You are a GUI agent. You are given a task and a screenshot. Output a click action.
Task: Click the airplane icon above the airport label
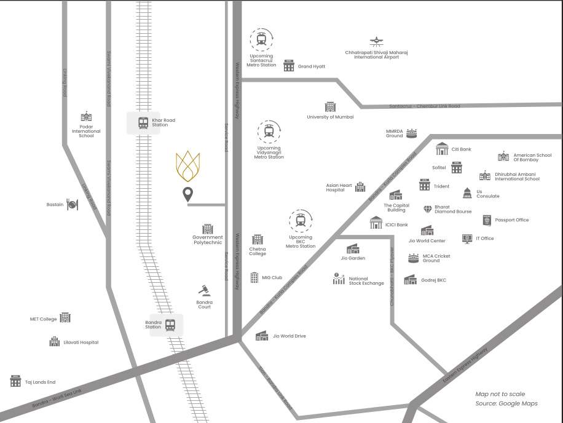376,41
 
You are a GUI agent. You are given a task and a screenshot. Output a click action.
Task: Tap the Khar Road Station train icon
143,122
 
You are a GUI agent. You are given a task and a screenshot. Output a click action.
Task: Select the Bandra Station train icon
170,324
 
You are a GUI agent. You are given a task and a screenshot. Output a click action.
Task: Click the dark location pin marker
188,195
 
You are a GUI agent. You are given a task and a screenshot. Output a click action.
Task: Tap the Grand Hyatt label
312,66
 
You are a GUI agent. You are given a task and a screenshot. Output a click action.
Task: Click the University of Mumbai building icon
330,107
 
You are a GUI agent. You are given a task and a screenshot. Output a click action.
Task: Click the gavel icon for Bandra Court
204,290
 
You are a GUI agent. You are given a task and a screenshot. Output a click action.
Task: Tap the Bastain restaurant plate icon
73,204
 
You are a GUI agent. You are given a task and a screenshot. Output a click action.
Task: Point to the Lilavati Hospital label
81,342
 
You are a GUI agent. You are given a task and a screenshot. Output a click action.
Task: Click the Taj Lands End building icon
15,381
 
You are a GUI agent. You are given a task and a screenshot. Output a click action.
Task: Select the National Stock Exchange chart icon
339,279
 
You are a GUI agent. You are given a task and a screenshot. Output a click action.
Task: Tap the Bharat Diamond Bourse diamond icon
428,210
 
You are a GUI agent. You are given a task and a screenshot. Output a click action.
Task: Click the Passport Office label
512,220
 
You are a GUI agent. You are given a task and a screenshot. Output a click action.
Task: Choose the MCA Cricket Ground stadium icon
414,258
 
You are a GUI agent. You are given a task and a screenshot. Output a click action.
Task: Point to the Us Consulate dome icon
467,193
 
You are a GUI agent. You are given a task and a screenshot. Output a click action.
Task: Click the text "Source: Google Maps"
506,403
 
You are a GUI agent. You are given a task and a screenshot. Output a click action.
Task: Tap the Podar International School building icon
86,117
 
